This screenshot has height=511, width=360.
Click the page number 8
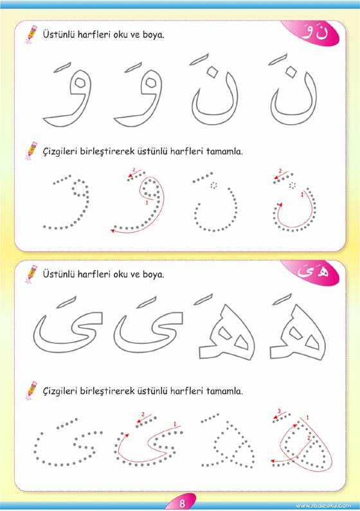click(182, 503)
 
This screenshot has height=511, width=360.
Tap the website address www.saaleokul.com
click(323, 505)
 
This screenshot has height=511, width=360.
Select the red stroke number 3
click(279, 411)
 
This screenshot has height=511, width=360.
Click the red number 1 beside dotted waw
click(147, 202)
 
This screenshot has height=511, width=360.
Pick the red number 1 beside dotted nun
click(302, 195)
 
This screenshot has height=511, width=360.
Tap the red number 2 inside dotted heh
click(309, 438)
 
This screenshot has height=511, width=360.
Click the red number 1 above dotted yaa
click(175, 424)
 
